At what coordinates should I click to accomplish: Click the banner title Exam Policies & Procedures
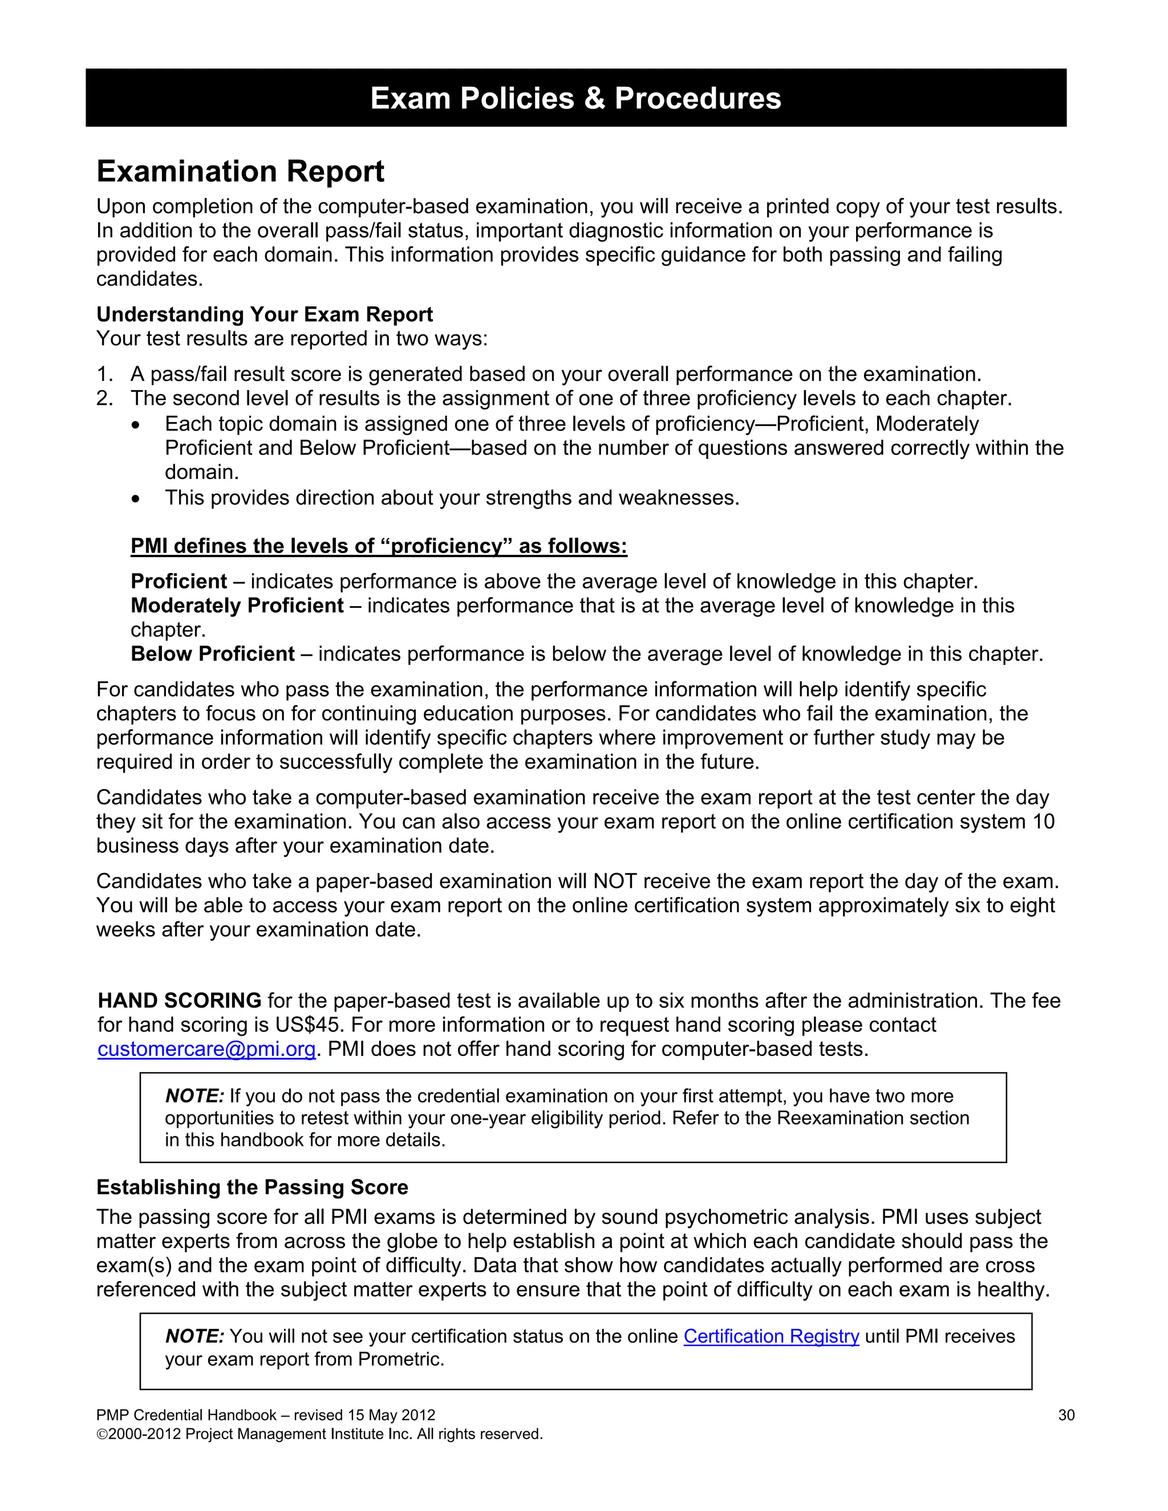click(575, 98)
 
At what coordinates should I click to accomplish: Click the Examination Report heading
click(240, 171)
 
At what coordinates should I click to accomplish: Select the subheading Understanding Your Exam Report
click(264, 314)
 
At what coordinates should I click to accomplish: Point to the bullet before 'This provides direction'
click(136, 498)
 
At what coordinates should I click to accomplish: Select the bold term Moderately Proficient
click(237, 606)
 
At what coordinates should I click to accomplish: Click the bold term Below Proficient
click(212, 654)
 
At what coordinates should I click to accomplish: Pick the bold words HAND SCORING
click(179, 1001)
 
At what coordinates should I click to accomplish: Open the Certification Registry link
click(771, 1336)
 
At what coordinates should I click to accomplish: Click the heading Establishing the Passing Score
click(252, 1187)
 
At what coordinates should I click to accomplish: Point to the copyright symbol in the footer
click(101, 1434)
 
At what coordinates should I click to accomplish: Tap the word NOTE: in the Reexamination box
click(194, 1096)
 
